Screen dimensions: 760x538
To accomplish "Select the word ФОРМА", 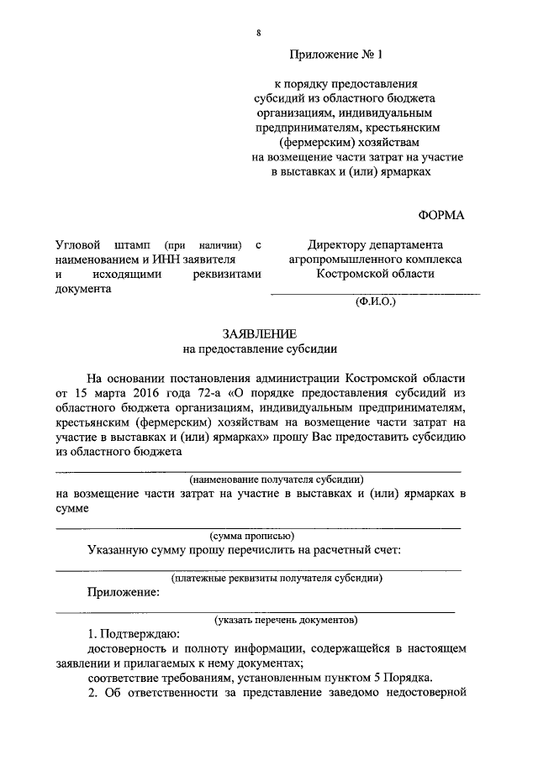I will tap(440, 215).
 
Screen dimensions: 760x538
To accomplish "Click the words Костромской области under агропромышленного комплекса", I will tap(375, 275).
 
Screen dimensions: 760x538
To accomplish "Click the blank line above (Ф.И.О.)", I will tap(375, 293).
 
